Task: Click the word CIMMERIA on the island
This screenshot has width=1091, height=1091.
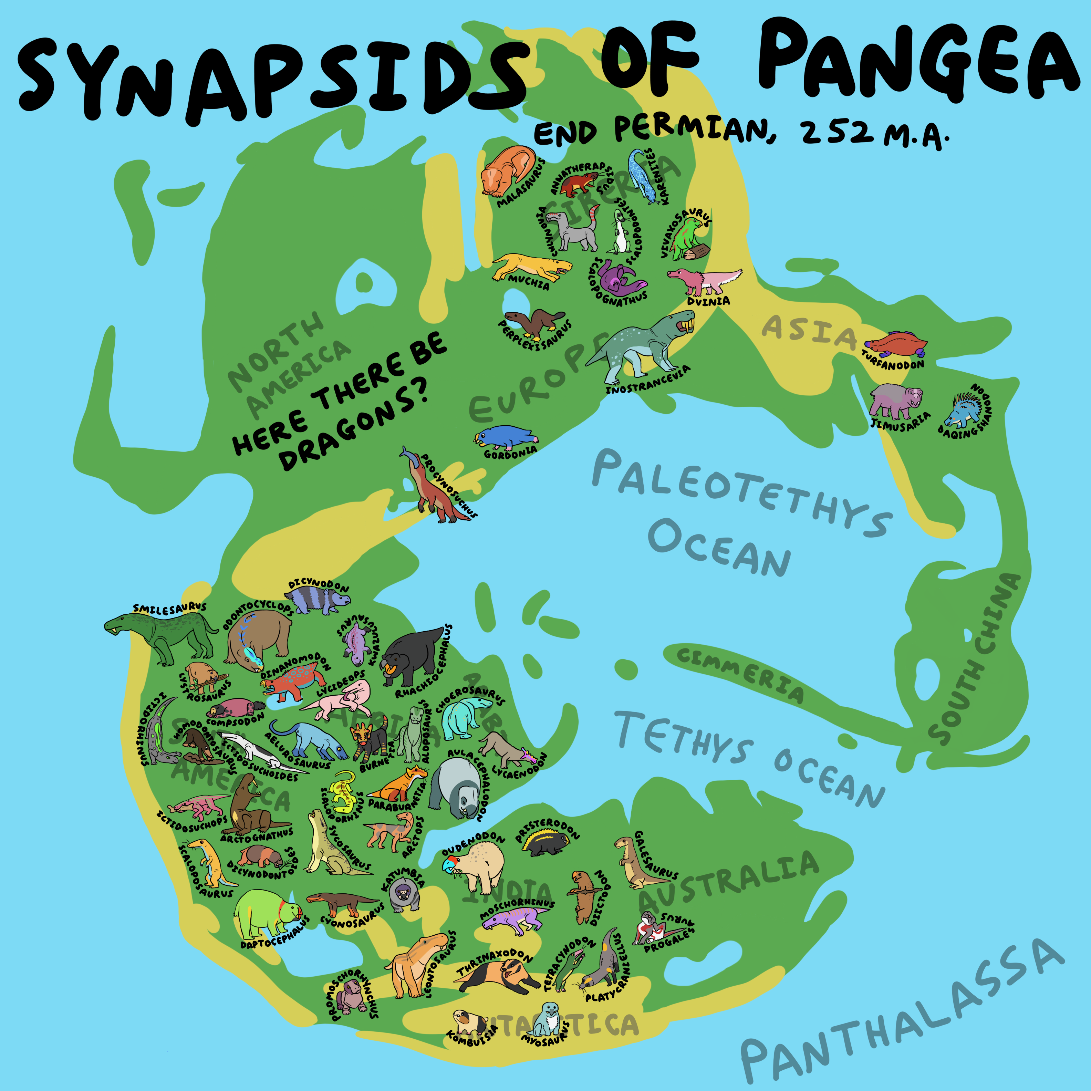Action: coord(740,674)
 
